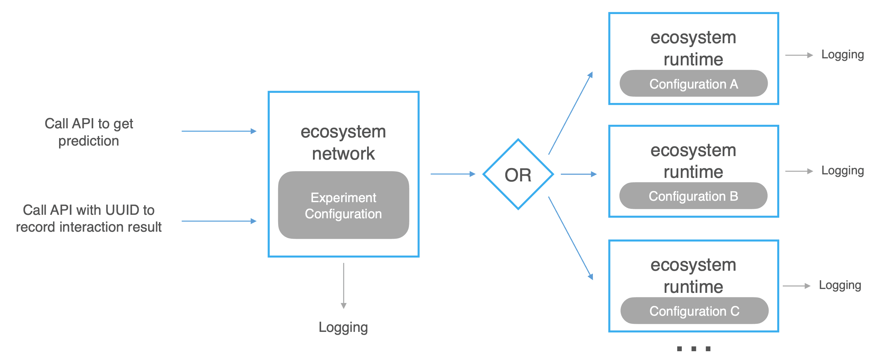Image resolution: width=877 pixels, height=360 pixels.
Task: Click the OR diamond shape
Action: [518, 174]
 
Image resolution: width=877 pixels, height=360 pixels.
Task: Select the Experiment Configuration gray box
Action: [343, 205]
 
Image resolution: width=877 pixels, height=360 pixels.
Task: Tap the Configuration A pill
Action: [693, 84]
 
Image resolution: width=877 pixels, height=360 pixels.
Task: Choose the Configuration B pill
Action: [693, 196]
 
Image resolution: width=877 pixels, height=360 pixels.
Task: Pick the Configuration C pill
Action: [694, 311]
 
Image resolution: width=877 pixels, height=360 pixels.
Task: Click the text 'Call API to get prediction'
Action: [89, 132]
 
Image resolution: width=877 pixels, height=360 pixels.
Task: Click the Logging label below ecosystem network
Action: [343, 327]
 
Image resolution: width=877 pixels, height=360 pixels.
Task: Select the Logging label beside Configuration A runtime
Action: [842, 55]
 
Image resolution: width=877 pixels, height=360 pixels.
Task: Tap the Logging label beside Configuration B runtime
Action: [842, 171]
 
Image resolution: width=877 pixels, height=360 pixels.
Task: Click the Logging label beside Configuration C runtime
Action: [840, 285]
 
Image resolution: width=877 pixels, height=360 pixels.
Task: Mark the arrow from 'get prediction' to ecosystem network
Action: [219, 131]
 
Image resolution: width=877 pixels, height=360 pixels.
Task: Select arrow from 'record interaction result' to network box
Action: [219, 221]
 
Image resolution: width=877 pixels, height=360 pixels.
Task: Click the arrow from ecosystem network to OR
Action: [453, 174]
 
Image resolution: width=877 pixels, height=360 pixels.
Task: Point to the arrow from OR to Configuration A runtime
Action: [570, 113]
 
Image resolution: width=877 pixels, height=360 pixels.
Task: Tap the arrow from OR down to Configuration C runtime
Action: [570, 238]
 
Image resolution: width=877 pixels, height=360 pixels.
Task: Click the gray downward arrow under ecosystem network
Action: [344, 285]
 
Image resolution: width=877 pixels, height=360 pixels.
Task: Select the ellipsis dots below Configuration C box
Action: [693, 349]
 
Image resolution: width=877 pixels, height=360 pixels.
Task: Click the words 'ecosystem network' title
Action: [343, 142]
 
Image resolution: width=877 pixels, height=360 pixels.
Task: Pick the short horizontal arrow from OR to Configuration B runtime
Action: [578, 174]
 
